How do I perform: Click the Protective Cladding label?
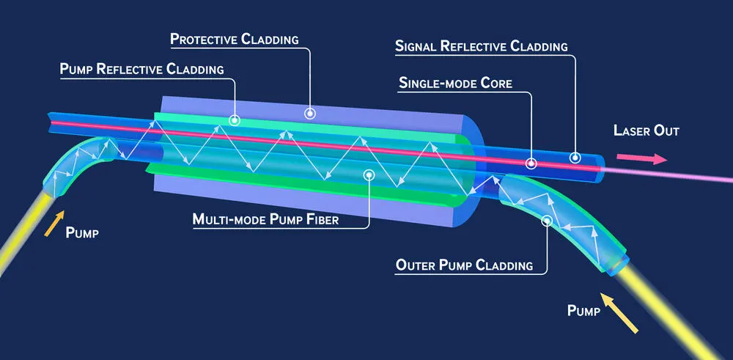[234, 37]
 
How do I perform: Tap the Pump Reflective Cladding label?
[141, 69]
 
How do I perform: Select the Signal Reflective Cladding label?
[481, 46]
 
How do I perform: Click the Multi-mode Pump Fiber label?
[265, 218]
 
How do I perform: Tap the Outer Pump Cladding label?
[464, 265]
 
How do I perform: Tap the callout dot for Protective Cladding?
[311, 114]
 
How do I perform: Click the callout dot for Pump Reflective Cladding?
[235, 118]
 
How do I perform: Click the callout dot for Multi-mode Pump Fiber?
[369, 175]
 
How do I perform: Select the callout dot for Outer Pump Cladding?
[545, 219]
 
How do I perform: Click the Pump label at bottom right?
[584, 311]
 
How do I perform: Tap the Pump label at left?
[81, 233]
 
